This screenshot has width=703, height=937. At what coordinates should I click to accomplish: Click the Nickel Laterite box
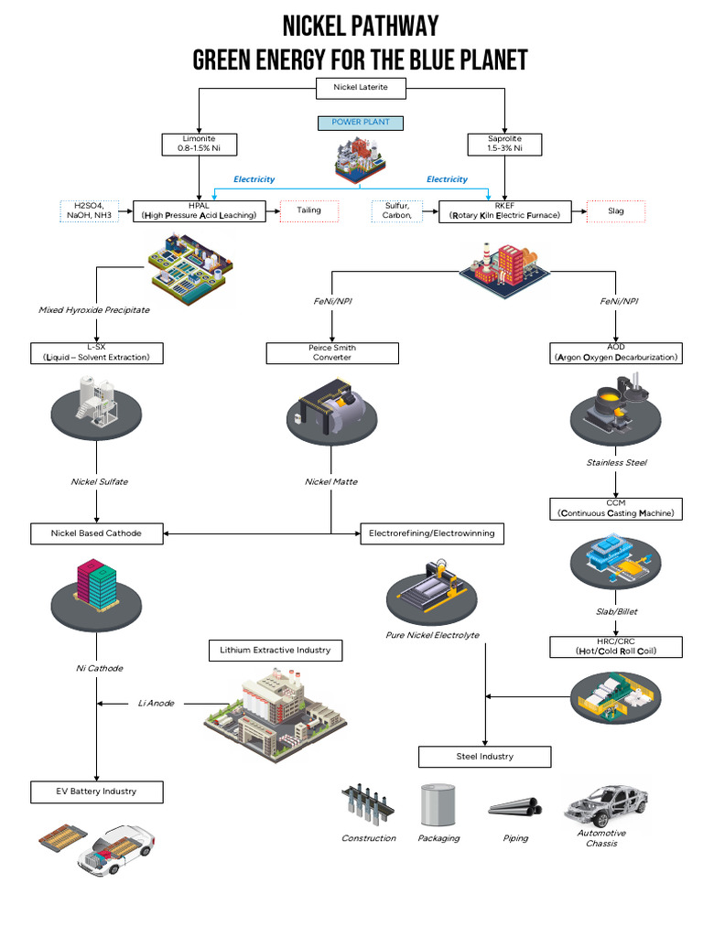click(x=361, y=88)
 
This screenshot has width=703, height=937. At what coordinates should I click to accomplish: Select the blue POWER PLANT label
click(x=361, y=123)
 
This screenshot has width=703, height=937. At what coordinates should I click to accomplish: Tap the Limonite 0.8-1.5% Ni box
click(x=199, y=144)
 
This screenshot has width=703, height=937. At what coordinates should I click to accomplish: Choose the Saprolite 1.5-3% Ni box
click(x=504, y=144)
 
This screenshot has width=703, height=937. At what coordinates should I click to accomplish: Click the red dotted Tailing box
click(x=309, y=211)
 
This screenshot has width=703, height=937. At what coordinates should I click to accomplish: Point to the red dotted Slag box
click(x=616, y=211)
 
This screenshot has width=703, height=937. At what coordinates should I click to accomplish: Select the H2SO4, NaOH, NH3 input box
click(x=90, y=211)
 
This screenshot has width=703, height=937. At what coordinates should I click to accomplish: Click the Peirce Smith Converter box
click(x=332, y=352)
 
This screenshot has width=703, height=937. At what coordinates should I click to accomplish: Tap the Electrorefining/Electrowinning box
click(x=432, y=533)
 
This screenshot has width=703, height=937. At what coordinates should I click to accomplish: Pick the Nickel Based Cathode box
click(x=97, y=533)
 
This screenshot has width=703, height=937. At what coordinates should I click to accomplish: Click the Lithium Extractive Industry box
click(x=276, y=651)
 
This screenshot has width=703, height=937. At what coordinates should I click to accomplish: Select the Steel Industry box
click(x=485, y=757)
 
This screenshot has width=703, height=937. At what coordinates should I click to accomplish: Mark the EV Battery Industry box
click(x=97, y=792)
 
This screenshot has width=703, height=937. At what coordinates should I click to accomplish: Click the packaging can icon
click(x=438, y=805)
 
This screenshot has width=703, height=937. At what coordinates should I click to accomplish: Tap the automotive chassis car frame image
click(x=606, y=804)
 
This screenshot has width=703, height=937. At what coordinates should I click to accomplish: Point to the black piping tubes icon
click(x=515, y=807)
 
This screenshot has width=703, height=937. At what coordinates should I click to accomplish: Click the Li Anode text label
click(x=156, y=704)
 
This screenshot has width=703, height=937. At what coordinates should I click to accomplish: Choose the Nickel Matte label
click(x=331, y=481)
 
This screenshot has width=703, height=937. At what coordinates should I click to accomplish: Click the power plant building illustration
click(x=360, y=159)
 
